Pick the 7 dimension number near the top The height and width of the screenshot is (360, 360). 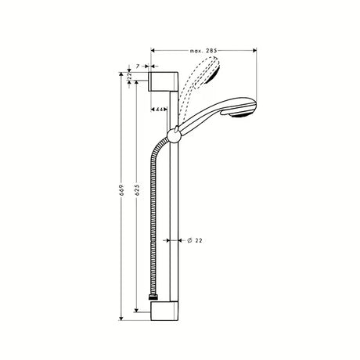(139, 68)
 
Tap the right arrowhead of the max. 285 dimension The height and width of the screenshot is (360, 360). (254, 48)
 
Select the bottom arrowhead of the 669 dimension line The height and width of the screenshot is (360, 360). (122, 319)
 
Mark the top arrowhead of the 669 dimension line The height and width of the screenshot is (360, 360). (122, 73)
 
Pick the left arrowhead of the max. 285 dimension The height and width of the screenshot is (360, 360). (152, 48)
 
